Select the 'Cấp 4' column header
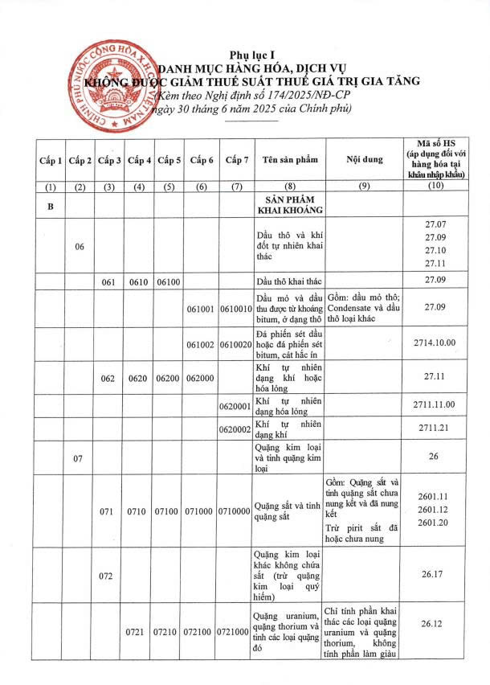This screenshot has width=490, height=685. (x=140, y=160)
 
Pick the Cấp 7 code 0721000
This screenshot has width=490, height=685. (x=236, y=634)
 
